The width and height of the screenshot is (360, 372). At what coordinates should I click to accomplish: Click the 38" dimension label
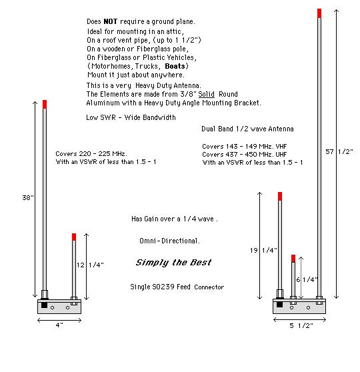(x=28, y=197)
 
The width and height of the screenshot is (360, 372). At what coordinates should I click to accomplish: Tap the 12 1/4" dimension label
(x=90, y=265)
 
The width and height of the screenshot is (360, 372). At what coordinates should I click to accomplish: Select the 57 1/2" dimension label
(x=339, y=151)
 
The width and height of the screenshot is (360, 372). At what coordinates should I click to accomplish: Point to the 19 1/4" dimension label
(x=263, y=250)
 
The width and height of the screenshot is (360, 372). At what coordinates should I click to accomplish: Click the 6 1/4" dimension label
(x=307, y=280)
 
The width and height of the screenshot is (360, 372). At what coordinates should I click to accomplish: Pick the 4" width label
(x=59, y=325)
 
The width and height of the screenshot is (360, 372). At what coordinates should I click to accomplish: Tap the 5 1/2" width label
(x=301, y=325)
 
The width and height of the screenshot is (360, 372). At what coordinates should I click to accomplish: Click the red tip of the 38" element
(x=45, y=105)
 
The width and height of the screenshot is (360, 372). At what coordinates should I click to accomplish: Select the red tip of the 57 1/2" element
(x=319, y=13)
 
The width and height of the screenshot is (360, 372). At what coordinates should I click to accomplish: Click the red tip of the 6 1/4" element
(x=293, y=259)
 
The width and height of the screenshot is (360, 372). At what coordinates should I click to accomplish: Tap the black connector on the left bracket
(x=45, y=305)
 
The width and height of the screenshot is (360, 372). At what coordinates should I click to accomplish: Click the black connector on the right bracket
(x=279, y=304)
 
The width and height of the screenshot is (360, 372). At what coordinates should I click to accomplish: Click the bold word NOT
(x=111, y=21)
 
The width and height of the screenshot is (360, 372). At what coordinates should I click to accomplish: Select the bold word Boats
(x=175, y=66)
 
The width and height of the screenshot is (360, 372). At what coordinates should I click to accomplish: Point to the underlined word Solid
(x=206, y=94)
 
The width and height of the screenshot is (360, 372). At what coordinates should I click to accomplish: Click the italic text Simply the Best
(x=173, y=263)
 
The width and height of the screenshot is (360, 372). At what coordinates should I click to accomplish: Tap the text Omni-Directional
(x=169, y=241)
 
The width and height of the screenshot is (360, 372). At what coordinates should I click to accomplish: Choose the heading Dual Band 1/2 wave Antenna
(x=247, y=129)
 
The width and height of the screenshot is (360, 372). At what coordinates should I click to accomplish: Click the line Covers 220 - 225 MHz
(x=91, y=154)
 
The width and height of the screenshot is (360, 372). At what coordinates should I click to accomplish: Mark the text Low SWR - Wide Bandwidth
(x=131, y=117)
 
